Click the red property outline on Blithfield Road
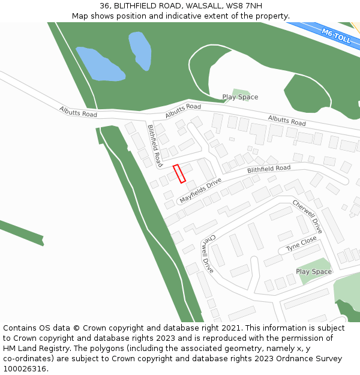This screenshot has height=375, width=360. tap(179, 173)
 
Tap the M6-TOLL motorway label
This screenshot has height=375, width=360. tap(335, 37)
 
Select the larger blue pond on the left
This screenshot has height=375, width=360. tap(100, 64)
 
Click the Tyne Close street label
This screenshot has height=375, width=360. tap(301, 244)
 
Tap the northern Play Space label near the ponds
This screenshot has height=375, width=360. tap(240, 97)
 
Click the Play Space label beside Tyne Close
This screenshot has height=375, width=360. tap(313, 272)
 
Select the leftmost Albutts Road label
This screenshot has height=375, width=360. tap(78, 111)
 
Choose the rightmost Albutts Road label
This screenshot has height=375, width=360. tap(287, 121)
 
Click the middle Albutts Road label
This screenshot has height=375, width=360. tap(183, 110)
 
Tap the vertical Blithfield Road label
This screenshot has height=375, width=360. tap(155, 145)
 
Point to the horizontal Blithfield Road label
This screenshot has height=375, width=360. tap(269, 170)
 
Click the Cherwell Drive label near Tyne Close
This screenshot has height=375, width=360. tap(307, 217)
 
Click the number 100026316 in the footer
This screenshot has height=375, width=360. tap(25, 369)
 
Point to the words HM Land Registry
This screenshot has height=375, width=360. tap(35, 349)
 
